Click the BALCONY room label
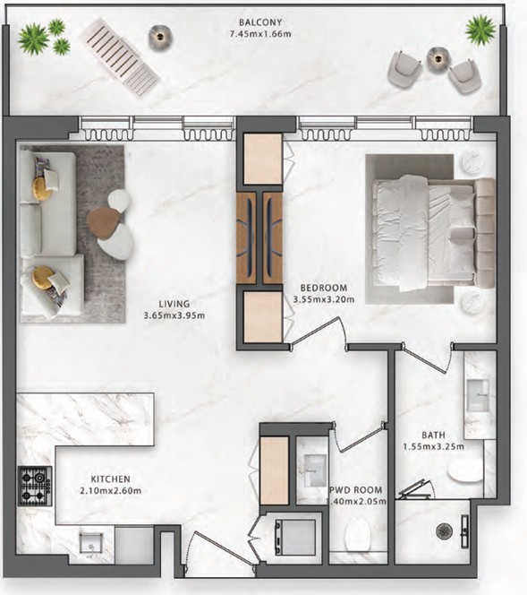click(260, 22)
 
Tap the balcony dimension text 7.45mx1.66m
click(260, 34)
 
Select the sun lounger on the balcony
click(121, 57)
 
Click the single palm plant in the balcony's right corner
click(480, 30)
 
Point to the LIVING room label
click(174, 304)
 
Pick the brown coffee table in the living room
click(102, 223)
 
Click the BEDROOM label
click(324, 288)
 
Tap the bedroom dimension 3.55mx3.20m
click(324, 299)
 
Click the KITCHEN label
click(111, 479)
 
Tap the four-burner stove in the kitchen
click(35, 486)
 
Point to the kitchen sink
click(91, 545)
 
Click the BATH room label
click(433, 435)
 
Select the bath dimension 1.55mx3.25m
click(433, 446)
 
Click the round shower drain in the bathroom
click(443, 531)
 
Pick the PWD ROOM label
click(356, 490)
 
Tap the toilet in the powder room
click(358, 535)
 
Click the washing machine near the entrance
click(295, 537)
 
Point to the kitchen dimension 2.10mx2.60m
click(111, 491)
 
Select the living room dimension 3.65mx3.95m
click(174, 315)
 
